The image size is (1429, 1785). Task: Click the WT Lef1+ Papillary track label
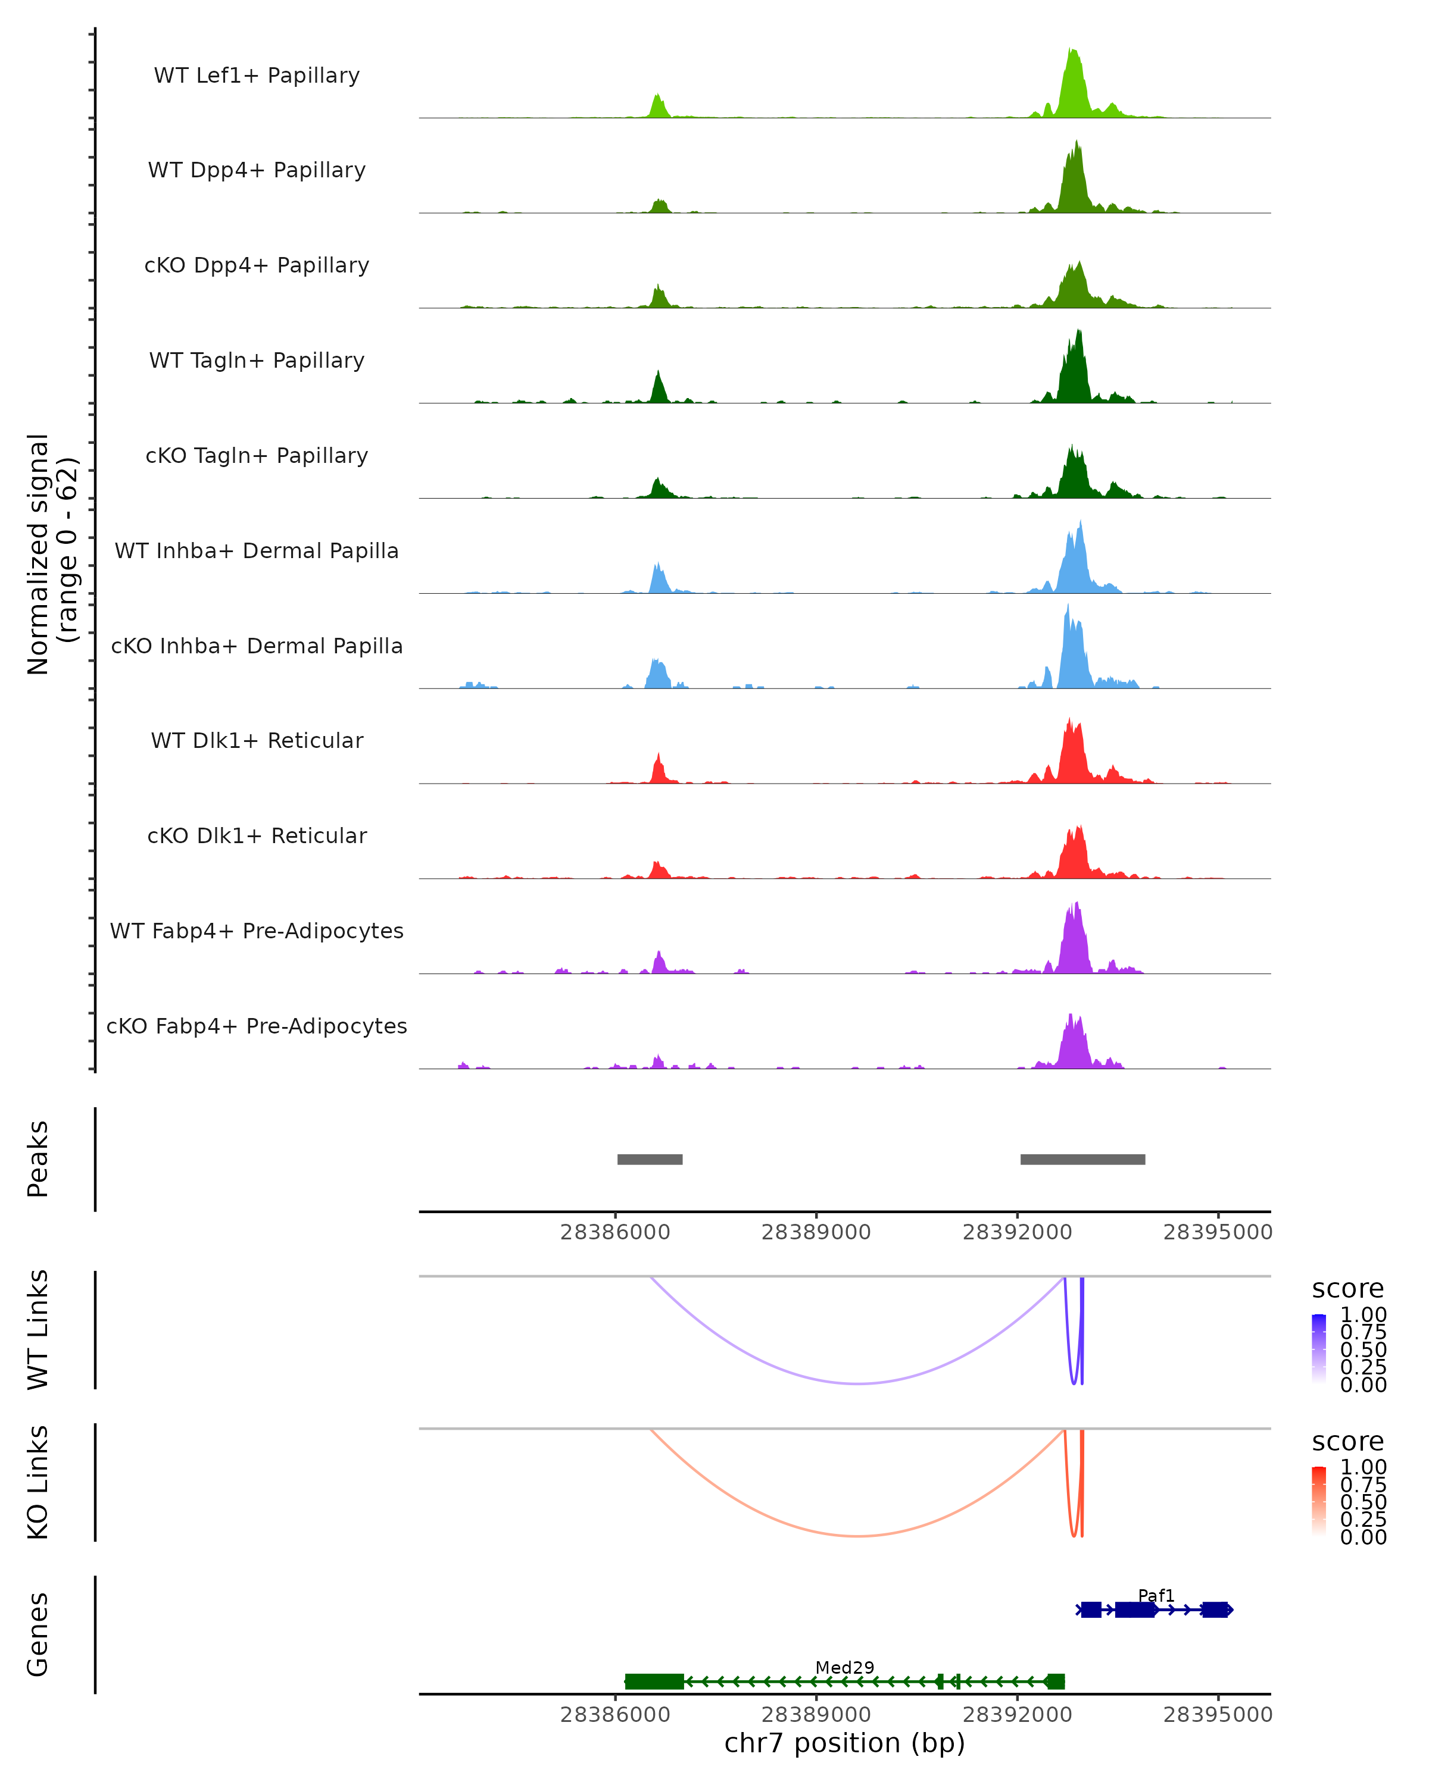coord(257,76)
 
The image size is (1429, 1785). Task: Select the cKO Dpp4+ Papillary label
coord(257,266)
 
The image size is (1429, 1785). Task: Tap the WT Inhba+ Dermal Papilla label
coord(257,552)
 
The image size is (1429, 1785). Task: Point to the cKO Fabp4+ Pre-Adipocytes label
coord(257,1026)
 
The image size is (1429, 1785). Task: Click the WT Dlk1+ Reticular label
coord(257,741)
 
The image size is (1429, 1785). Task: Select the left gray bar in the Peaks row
coord(650,1159)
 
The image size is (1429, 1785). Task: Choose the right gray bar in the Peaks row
coord(1082,1159)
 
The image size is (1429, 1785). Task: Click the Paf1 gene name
coord(1156,1595)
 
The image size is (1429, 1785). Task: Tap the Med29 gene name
coord(844,1667)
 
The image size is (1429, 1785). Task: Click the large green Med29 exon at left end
coord(654,1681)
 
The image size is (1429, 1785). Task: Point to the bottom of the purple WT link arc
coord(859,1383)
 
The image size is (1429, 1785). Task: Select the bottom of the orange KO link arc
coord(859,1536)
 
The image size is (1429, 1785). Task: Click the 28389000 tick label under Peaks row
coord(816,1232)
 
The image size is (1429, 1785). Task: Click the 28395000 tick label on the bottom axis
coord(1217,1715)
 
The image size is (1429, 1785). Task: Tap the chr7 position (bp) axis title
coord(844,1743)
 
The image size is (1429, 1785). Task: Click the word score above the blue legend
coord(1347,1288)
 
